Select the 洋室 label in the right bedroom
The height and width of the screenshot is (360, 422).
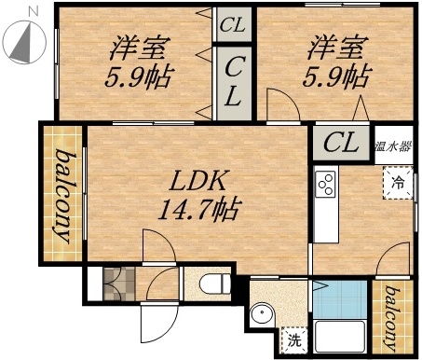(x=335, y=46)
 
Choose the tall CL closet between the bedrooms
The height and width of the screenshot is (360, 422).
(x=234, y=81)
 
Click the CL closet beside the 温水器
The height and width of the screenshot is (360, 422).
(x=341, y=144)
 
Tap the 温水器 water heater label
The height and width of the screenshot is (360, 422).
(x=394, y=145)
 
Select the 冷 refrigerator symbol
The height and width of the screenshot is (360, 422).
(x=398, y=181)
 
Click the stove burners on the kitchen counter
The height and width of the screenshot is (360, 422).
(x=327, y=184)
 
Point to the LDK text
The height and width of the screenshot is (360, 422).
(x=199, y=179)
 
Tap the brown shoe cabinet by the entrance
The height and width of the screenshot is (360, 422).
(x=117, y=282)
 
